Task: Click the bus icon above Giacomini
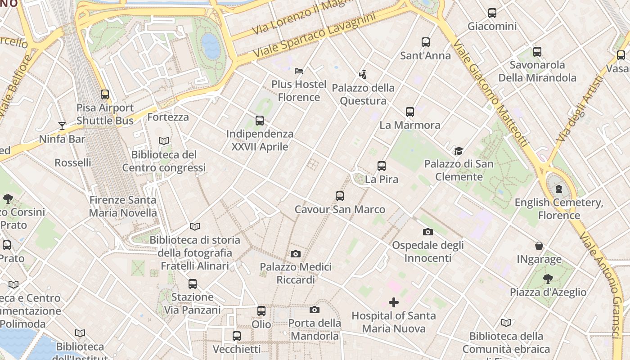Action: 492,13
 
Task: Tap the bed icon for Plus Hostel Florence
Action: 299,71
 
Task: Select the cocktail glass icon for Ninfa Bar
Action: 62,126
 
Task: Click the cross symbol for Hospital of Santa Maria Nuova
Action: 394,302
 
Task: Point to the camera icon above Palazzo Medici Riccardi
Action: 296,254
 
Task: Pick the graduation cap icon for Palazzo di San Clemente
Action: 459,151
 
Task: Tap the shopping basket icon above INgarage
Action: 539,246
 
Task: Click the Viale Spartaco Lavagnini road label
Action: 314,36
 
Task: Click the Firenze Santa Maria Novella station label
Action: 123,206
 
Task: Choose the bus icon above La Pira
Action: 382,166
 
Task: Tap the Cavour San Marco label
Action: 340,209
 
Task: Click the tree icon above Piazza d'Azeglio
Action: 548,279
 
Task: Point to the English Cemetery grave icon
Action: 559,189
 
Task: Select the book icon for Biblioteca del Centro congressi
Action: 164,141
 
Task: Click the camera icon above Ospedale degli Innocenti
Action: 428,232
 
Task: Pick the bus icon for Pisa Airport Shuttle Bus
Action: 105,94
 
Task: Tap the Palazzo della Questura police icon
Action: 363,74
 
